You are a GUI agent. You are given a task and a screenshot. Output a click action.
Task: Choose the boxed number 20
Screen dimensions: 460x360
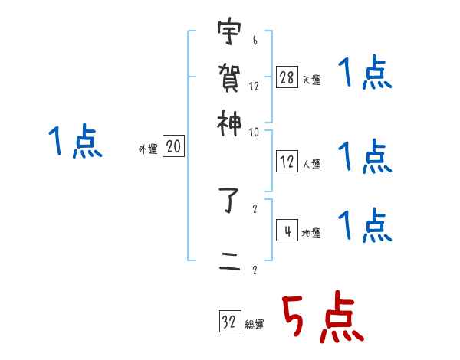[173, 147]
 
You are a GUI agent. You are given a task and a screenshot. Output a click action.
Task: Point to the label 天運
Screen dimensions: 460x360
[312, 80]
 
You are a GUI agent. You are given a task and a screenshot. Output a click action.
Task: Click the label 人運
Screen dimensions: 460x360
[312, 163]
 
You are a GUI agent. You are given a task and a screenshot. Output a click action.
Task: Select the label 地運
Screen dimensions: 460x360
[312, 233]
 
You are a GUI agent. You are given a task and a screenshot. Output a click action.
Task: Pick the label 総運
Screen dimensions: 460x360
[255, 325]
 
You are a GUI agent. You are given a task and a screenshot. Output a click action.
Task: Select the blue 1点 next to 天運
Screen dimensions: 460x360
[366, 75]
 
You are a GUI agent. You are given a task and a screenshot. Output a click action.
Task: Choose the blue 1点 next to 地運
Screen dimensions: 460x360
[366, 226]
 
